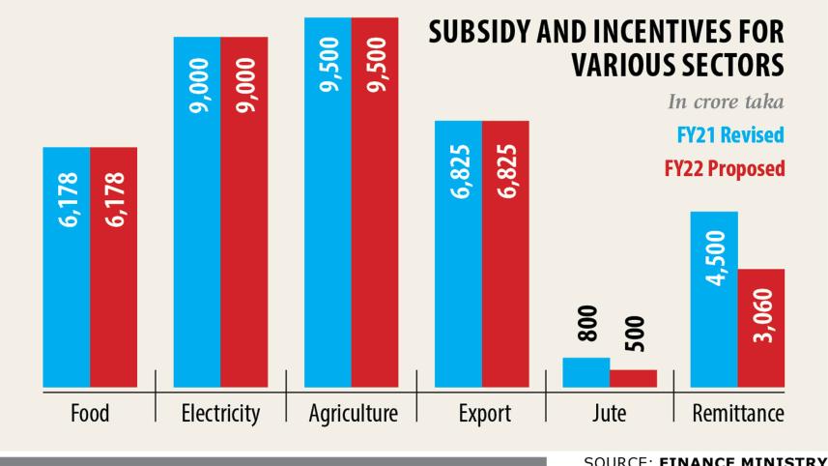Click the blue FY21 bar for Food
[x=67, y=290]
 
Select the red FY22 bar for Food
[x=114, y=290]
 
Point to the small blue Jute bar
[x=585, y=371]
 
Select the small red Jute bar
[x=633, y=377]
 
